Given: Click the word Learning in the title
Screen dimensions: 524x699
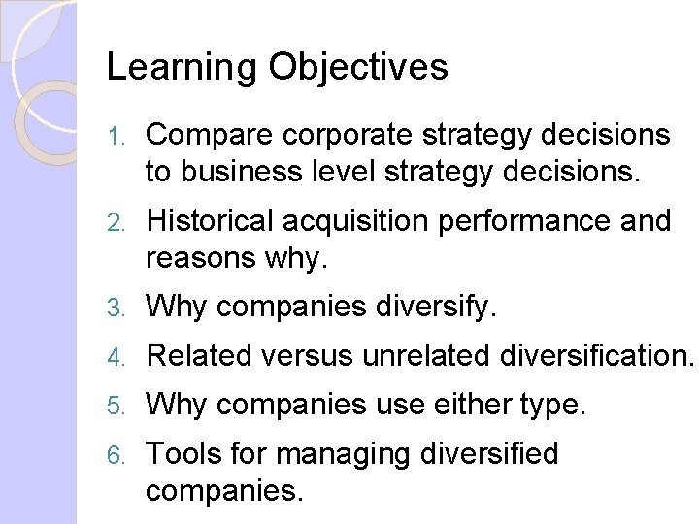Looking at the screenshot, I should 182,68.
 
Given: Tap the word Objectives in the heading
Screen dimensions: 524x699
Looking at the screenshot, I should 358,68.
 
